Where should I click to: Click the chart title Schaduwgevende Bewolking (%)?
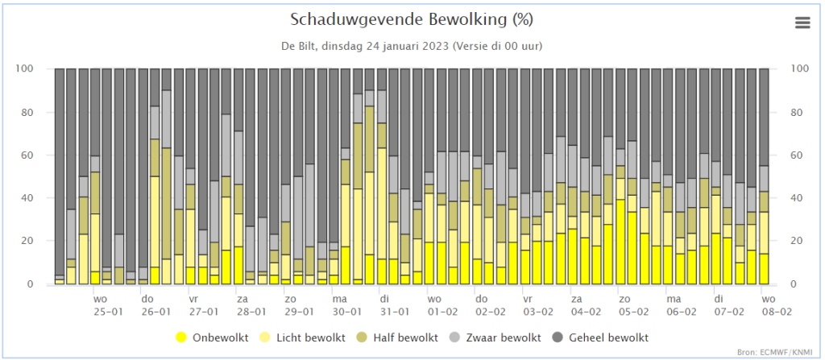click(x=411, y=19)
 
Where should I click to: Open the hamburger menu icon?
click(x=802, y=23)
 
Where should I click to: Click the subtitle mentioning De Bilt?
click(x=411, y=45)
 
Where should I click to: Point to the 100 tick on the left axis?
click(x=24, y=68)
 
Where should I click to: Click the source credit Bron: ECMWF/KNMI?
click(x=777, y=352)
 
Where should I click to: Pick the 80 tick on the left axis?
click(x=27, y=112)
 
